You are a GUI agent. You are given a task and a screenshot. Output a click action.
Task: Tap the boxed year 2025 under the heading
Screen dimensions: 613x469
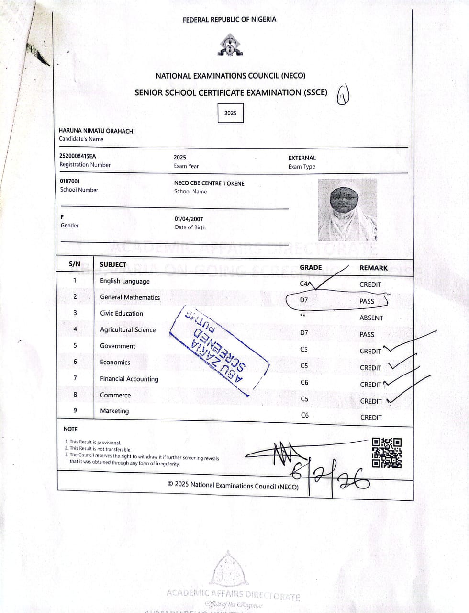(x=230, y=113)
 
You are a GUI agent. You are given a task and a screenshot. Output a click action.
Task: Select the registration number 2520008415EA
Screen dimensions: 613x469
(x=78, y=156)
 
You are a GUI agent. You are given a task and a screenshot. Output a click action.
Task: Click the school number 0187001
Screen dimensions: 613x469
(x=70, y=181)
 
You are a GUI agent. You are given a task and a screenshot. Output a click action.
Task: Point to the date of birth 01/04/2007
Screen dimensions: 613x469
(x=189, y=219)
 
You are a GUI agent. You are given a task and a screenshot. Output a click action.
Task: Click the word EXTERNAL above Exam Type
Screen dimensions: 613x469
(x=302, y=158)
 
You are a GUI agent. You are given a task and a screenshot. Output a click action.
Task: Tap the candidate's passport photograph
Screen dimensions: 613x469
(x=347, y=210)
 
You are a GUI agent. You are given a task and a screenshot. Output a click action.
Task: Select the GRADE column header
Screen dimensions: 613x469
(x=311, y=267)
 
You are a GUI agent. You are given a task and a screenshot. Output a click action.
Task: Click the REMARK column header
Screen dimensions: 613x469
(x=373, y=268)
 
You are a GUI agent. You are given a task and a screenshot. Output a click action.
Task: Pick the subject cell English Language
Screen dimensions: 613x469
(x=125, y=281)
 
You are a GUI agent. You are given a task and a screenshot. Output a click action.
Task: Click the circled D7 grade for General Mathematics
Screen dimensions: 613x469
(x=304, y=300)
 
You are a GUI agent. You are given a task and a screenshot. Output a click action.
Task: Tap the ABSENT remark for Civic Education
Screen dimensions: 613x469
(x=371, y=318)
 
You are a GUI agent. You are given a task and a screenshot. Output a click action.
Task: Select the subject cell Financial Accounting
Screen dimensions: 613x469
(x=129, y=379)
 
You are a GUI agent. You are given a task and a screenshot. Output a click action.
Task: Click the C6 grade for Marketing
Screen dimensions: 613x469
(x=305, y=415)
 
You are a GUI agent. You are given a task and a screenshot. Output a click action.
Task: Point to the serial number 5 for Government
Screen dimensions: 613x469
(x=75, y=345)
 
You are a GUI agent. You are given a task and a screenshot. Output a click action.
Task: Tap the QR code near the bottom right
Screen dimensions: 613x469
(x=387, y=453)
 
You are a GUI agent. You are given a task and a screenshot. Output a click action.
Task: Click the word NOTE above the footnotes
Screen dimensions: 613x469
(x=70, y=429)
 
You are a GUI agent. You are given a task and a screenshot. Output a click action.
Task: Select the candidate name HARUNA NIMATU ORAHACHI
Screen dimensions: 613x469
(x=97, y=131)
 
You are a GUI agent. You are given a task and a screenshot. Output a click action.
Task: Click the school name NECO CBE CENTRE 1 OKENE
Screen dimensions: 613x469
(x=209, y=183)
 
